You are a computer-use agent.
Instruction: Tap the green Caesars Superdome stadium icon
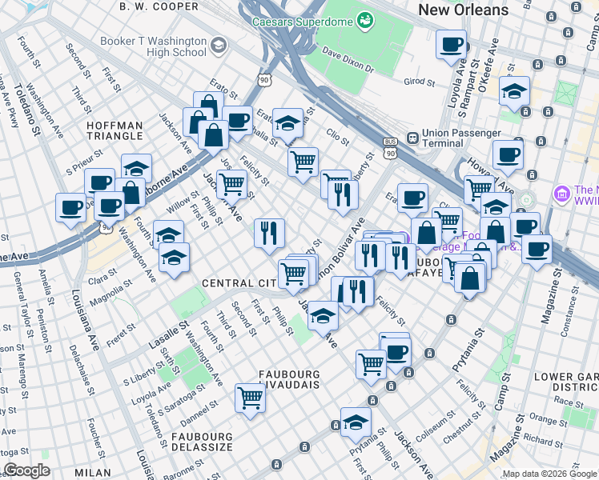click(x=365, y=18)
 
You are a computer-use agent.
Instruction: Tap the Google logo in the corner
click(x=27, y=470)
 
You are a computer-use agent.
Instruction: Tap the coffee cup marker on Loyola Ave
click(x=452, y=45)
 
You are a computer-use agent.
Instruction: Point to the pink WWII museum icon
click(x=561, y=194)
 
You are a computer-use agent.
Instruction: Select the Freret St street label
click(x=125, y=330)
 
